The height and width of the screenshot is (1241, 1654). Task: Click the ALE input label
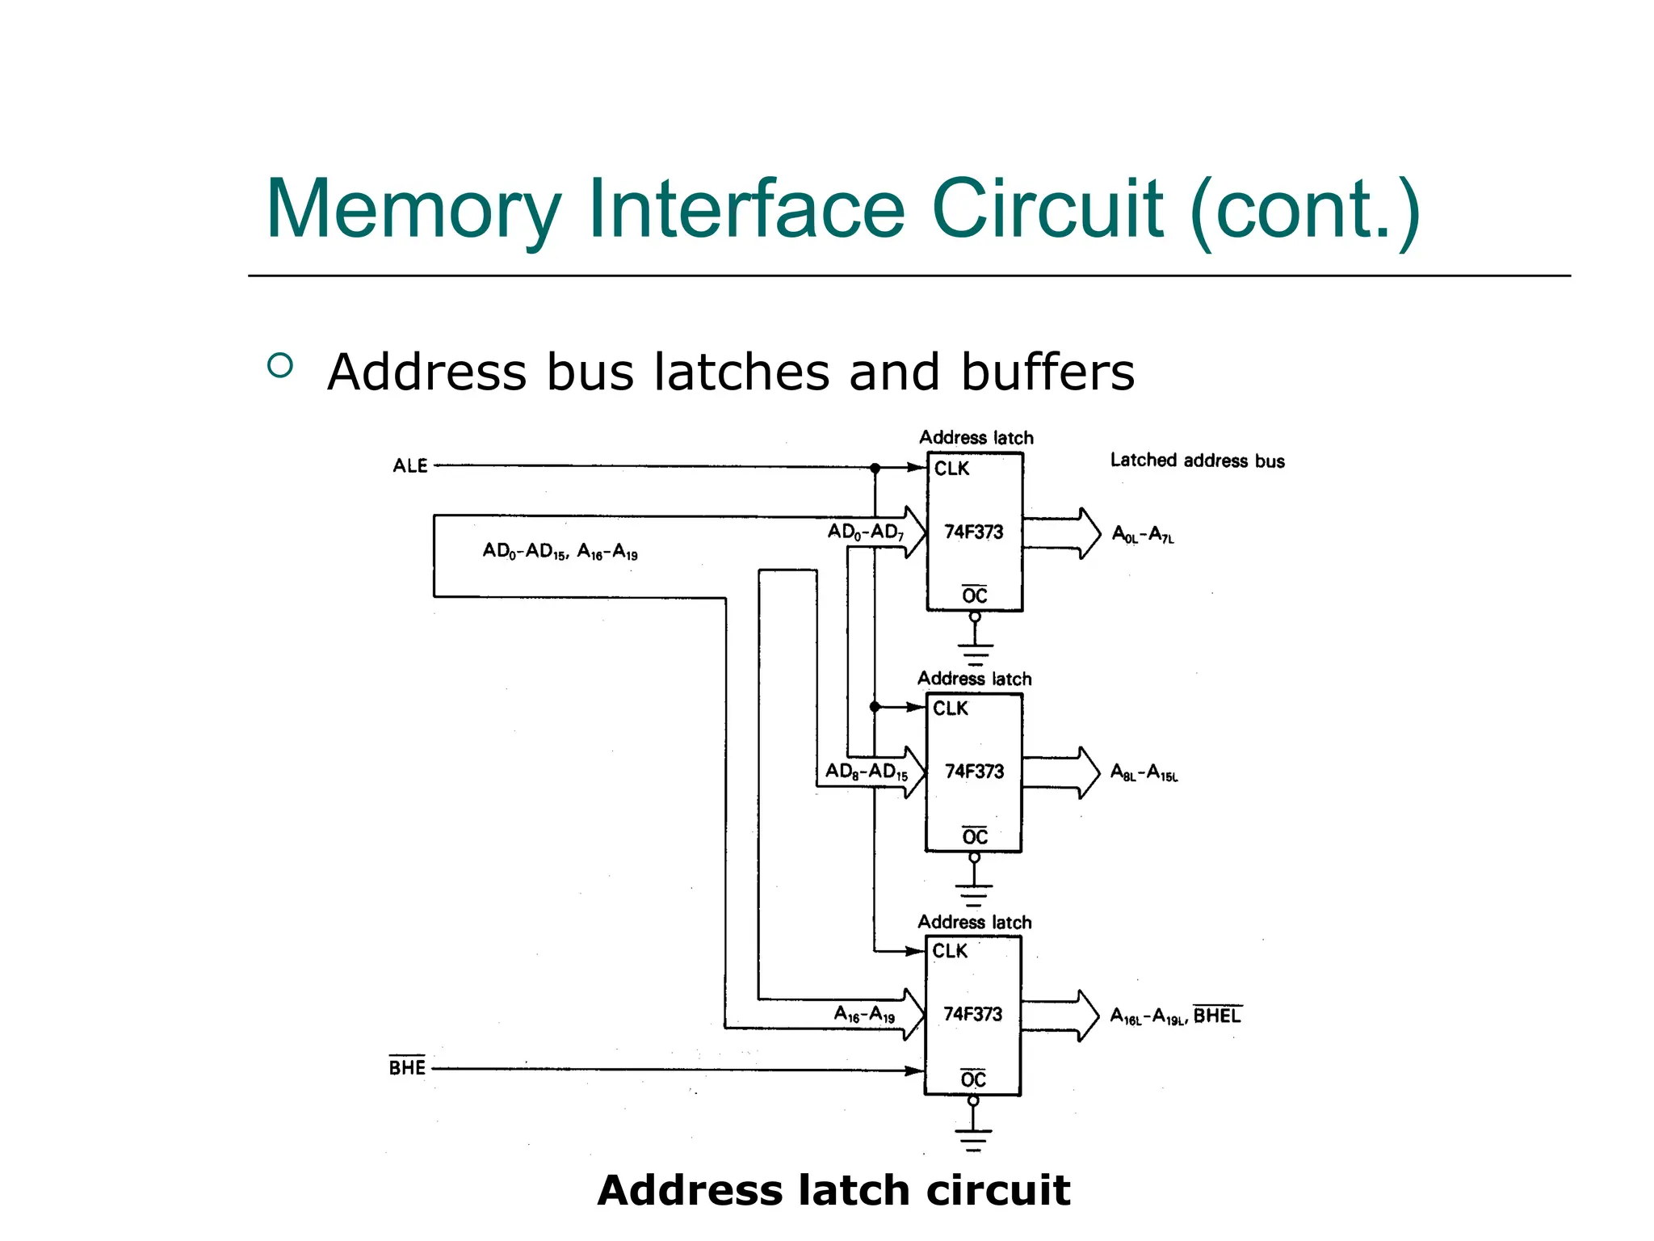point(410,466)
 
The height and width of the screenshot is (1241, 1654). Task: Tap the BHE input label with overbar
point(407,1067)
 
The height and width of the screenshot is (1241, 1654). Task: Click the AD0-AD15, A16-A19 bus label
point(560,551)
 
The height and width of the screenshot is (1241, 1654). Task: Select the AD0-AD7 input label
point(865,532)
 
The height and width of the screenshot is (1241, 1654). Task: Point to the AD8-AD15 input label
point(866,772)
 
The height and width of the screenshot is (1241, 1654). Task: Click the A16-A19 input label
point(864,1014)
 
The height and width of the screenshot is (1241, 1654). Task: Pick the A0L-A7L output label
point(1143,534)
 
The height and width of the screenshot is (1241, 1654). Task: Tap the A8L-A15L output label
point(1144,772)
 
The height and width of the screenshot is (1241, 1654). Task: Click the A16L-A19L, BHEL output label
point(1175,1016)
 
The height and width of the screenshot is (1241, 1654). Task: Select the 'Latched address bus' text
point(1197,461)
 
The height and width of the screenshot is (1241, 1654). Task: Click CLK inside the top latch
point(951,469)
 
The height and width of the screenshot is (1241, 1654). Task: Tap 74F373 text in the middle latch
point(974,772)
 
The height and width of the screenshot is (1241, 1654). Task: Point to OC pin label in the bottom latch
point(973,1079)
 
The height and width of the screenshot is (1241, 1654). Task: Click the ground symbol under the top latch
point(975,651)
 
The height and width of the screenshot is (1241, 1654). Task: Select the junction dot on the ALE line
point(875,468)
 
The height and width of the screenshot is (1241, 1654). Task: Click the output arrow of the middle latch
point(1061,772)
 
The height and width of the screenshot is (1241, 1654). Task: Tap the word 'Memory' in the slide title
point(413,210)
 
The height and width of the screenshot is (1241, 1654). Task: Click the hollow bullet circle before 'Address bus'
point(280,366)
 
